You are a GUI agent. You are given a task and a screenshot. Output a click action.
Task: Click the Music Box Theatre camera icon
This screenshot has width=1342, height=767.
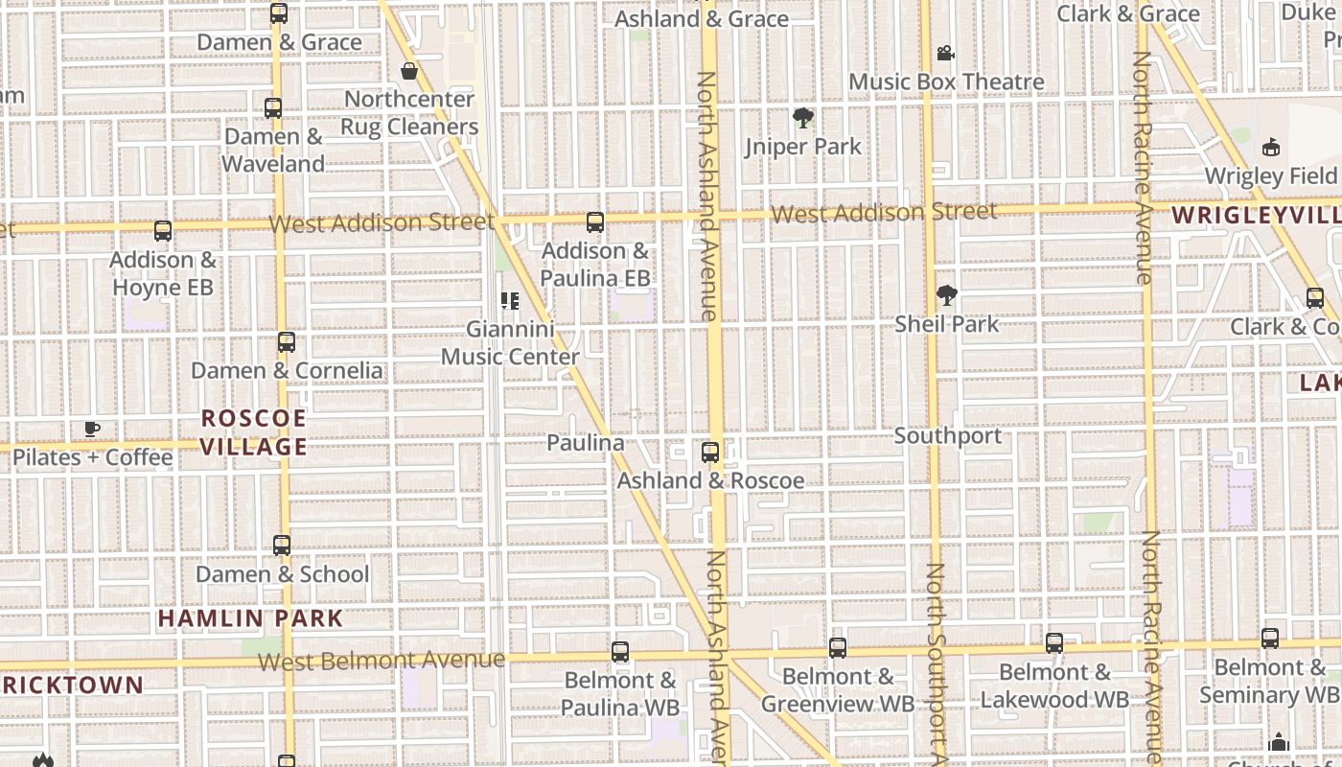945,53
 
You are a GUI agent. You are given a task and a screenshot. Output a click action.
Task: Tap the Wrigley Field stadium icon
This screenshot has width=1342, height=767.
1271,147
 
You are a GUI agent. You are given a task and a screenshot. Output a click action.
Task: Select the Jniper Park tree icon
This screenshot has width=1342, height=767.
803,118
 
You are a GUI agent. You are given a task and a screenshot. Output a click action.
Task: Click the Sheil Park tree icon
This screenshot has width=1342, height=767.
947,294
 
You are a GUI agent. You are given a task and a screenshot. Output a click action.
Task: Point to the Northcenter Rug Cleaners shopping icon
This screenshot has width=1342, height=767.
409,71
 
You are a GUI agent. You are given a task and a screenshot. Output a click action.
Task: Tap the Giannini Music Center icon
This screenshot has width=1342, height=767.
510,301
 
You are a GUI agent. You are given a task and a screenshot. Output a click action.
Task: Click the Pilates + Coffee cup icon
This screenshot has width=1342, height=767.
92,429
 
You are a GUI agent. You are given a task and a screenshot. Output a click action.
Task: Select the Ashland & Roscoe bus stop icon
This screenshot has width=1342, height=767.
710,452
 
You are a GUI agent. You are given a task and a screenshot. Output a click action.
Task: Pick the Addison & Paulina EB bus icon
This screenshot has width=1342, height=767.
595,222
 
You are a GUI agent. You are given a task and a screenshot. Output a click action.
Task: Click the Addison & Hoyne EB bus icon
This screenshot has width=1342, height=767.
163,231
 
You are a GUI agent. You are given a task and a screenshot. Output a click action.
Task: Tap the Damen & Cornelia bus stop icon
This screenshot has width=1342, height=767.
286,342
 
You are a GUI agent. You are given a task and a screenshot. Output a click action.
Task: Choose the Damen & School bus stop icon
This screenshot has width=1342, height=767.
282,546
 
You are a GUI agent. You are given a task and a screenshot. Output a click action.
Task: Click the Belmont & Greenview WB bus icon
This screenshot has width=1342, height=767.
838,648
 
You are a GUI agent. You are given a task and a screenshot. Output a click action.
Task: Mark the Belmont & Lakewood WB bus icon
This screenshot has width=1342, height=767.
1054,643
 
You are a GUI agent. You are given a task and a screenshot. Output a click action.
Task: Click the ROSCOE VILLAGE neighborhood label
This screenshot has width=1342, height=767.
254,432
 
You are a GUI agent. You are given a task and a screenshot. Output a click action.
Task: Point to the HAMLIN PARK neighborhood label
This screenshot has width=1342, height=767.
250,618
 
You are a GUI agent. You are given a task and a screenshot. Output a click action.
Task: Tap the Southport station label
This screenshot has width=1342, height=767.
948,436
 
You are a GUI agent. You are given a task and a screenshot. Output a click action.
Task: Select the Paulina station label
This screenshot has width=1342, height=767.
585,442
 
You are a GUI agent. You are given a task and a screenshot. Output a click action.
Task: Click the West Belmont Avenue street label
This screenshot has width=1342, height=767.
381,661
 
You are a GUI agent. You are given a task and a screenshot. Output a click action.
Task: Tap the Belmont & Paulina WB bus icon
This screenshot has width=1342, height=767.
620,652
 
